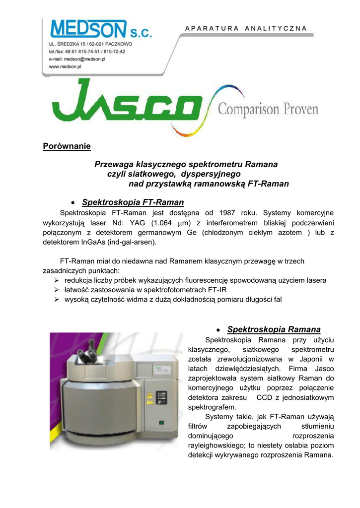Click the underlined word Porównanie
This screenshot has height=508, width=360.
pyautogui.click(x=67, y=146)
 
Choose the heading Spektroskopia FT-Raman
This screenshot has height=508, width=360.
pyautogui.click(x=133, y=202)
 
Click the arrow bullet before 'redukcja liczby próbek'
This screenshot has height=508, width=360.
pyautogui.click(x=57, y=280)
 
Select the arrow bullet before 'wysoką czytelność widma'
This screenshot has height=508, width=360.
pyautogui.click(x=57, y=300)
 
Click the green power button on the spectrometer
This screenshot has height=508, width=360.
pyautogui.click(x=160, y=423)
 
